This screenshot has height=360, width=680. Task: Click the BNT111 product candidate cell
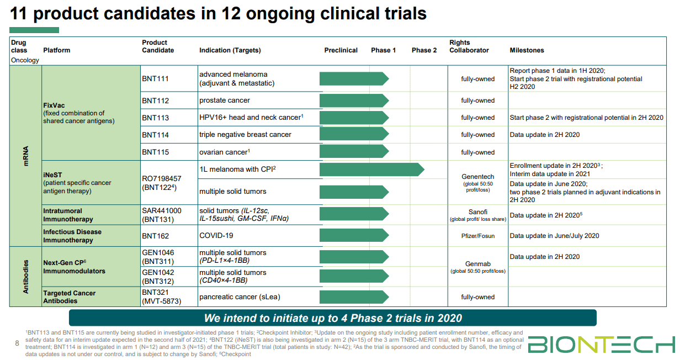pyautogui.click(x=155, y=79)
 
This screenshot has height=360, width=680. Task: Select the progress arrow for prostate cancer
pyautogui.click(x=354, y=100)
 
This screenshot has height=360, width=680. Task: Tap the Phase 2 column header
pyautogui.click(x=424, y=50)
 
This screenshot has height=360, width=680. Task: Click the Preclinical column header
pyautogui.click(x=341, y=50)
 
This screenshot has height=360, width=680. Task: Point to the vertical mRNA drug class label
pyautogui.click(x=26, y=156)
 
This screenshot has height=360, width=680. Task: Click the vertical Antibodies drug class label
pyautogui.click(x=26, y=276)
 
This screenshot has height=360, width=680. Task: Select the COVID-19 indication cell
pyautogui.click(x=216, y=236)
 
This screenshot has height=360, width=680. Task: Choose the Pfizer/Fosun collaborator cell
pyautogui.click(x=477, y=236)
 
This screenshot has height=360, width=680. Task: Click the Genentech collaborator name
pyautogui.click(x=477, y=177)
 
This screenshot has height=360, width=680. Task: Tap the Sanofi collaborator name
pyautogui.click(x=477, y=212)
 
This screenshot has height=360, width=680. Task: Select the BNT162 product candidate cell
pyautogui.click(x=155, y=236)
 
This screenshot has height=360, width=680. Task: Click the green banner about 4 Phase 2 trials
pyautogui.click(x=332, y=318)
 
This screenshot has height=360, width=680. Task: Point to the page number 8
pyautogui.click(x=17, y=343)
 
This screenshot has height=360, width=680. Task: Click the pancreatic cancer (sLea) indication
pyautogui.click(x=240, y=297)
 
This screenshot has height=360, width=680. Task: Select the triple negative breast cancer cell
pyautogui.click(x=245, y=135)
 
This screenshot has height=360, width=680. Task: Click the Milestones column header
pyautogui.click(x=527, y=50)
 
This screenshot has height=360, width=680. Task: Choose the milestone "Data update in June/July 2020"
pyautogui.click(x=554, y=236)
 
